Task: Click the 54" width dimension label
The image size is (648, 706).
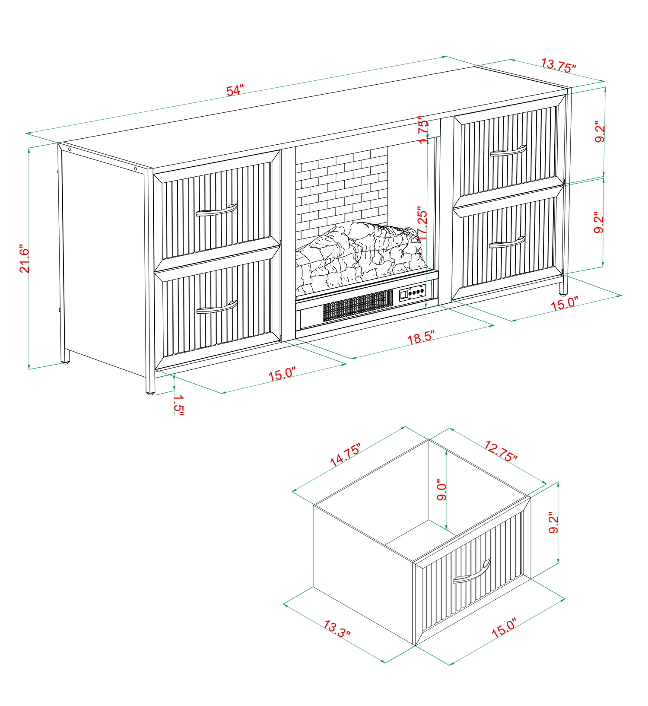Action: coord(235,91)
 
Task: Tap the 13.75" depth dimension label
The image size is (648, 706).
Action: coord(559,65)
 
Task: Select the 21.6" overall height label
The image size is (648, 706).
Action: coord(24,260)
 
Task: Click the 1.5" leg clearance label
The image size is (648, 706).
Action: coord(178,404)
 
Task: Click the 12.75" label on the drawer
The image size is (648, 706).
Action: coord(501,451)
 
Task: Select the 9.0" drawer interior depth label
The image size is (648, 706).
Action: coord(442,490)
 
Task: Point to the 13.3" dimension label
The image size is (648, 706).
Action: coord(337,628)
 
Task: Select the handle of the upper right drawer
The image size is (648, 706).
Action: coord(508,150)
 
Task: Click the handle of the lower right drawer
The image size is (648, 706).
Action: coord(507,242)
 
